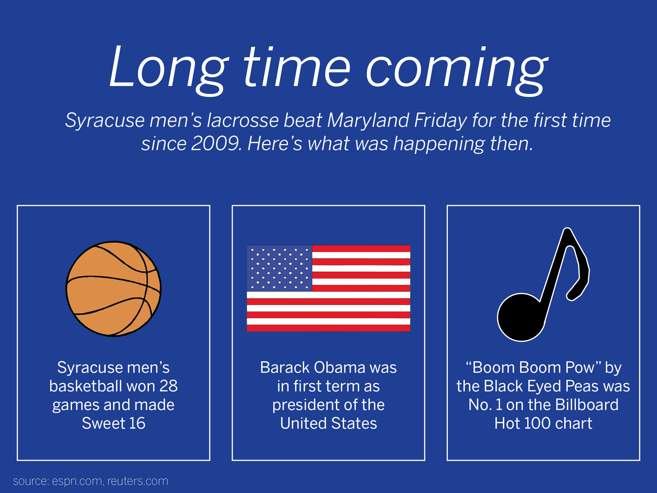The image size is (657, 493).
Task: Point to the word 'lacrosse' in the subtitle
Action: click(x=243, y=120)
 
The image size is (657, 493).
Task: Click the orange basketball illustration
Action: click(x=113, y=289)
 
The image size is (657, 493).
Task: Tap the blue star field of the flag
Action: click(x=279, y=268)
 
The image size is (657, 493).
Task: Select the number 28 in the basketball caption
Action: click(x=169, y=386)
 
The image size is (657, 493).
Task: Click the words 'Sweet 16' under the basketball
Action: click(x=113, y=423)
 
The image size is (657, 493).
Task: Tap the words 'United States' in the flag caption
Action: click(x=328, y=423)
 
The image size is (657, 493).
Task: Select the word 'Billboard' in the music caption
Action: click(x=587, y=405)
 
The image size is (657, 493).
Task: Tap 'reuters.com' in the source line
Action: click(x=138, y=481)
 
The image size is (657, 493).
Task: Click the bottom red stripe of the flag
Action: click(x=328, y=328)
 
